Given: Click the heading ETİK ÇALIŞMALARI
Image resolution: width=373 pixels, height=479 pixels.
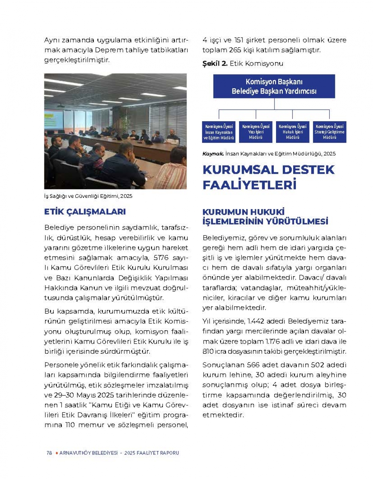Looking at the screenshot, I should (85, 212).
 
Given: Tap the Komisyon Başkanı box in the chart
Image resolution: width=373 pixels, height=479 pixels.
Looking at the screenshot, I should (274, 86).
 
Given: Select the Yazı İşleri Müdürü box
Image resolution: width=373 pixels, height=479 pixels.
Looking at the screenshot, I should (256, 132).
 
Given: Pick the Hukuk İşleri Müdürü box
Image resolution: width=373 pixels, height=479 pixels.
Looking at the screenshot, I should (292, 132).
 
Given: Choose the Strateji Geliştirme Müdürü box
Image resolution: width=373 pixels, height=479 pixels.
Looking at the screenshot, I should (329, 132).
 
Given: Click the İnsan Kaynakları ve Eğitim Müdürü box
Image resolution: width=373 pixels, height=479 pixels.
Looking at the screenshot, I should (219, 132).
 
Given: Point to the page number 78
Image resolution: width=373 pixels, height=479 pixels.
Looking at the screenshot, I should (49, 453).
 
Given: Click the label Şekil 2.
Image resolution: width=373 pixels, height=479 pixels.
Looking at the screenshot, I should (215, 63).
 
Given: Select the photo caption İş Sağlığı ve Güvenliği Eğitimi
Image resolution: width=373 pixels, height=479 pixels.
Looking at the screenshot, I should (88, 196).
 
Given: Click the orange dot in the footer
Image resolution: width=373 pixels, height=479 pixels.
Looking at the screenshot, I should (56, 453).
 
